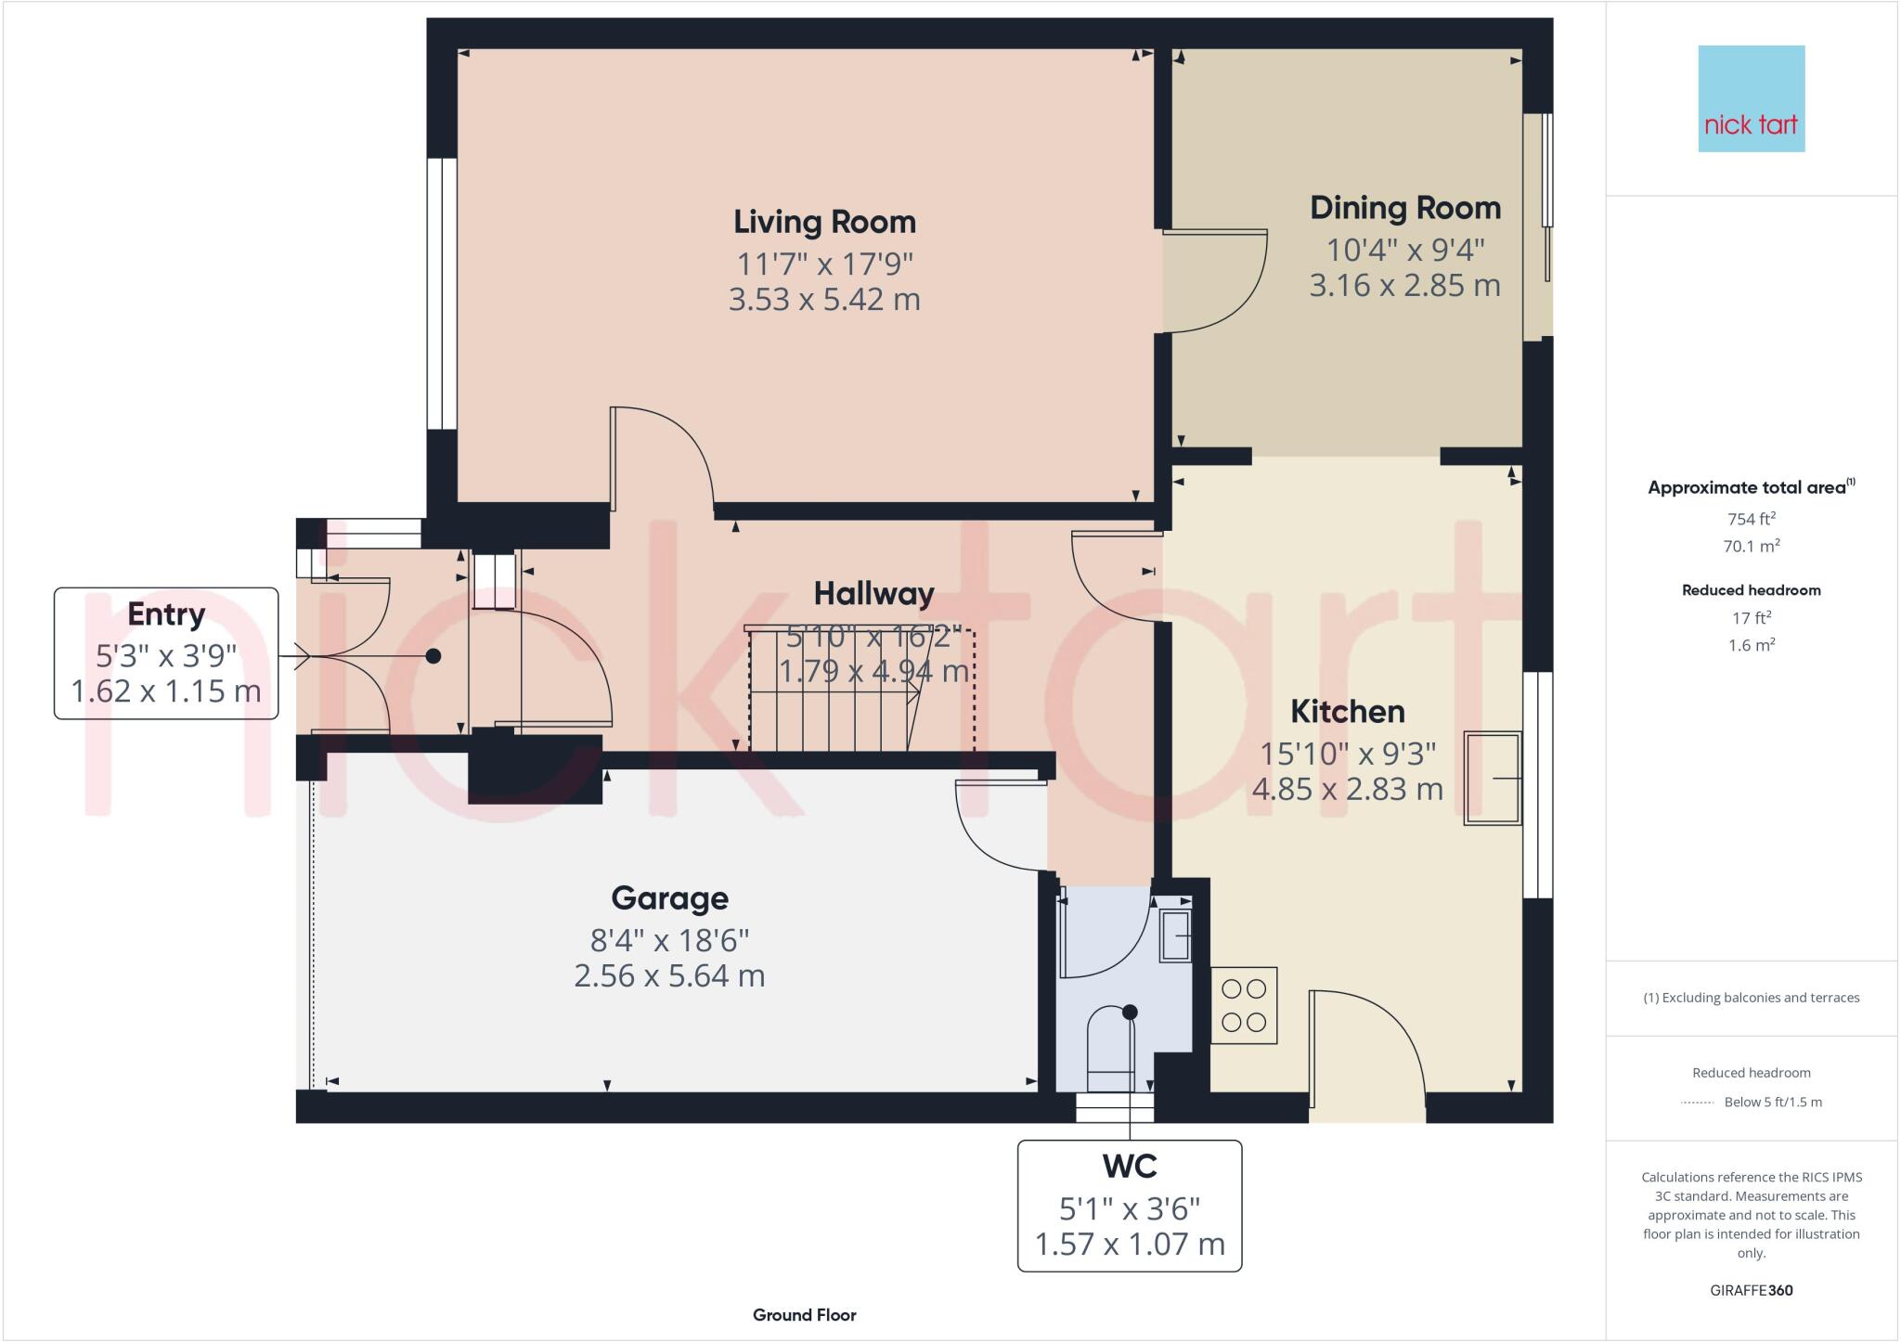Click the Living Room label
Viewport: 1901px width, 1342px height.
tap(824, 222)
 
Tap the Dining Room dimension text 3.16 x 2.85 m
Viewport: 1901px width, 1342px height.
tap(1404, 285)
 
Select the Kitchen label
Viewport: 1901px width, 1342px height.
tap(1347, 712)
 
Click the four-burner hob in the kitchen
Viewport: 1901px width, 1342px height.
tap(1244, 1005)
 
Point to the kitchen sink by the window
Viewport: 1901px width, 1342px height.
tap(1492, 778)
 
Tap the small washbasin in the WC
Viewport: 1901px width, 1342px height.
tap(1176, 936)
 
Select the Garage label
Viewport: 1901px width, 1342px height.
tap(669, 898)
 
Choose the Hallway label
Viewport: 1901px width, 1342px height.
tap(873, 594)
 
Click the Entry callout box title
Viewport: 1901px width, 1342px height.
tap(165, 614)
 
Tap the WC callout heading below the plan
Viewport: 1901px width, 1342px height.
tap(1129, 1166)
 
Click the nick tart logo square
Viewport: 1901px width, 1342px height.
tap(1751, 98)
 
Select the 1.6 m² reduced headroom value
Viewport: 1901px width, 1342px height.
tap(1751, 645)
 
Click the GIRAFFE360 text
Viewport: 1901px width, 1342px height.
tap(1751, 1290)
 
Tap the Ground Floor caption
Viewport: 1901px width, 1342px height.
tap(804, 1315)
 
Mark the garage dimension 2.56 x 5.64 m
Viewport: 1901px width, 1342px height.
tap(669, 976)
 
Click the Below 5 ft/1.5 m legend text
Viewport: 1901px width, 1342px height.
tap(1772, 1103)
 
